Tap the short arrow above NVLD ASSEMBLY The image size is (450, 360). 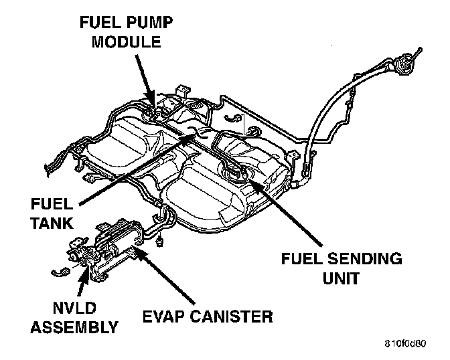(x=83, y=284)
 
